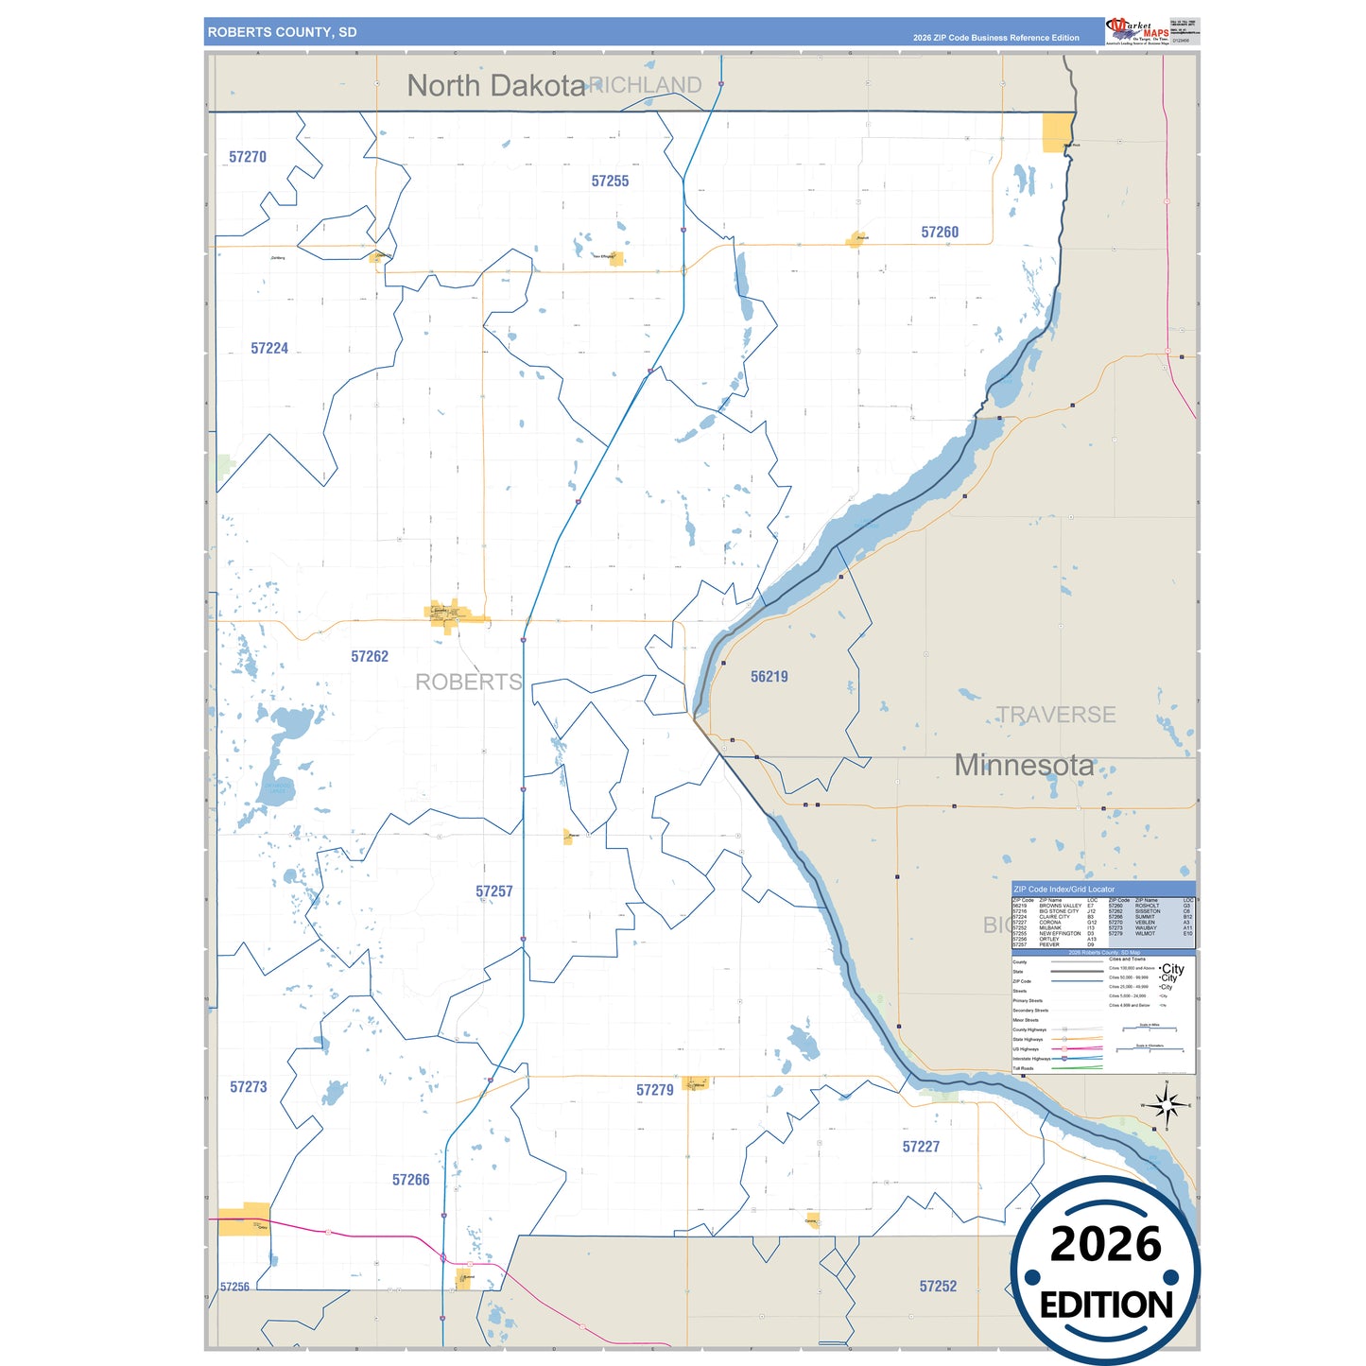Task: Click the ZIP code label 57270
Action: click(248, 157)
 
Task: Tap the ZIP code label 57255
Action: click(610, 182)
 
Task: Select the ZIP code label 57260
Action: click(940, 233)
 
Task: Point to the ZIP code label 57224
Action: click(269, 349)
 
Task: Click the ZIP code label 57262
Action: click(370, 657)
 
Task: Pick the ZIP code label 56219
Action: click(769, 677)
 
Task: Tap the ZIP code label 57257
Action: click(494, 891)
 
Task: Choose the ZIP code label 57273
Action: click(249, 1087)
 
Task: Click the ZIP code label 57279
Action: click(655, 1090)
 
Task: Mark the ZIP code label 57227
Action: click(921, 1147)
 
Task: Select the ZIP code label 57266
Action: click(411, 1180)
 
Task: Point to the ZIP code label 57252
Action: click(938, 1287)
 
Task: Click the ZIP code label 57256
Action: click(234, 1287)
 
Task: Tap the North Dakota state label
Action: click(496, 86)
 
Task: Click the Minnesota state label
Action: click(1024, 765)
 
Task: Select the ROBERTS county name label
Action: click(469, 682)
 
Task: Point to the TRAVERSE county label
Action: click(1056, 715)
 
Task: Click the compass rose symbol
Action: click(1167, 1104)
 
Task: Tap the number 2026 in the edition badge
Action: click(1106, 1244)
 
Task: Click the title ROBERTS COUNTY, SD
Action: click(283, 32)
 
